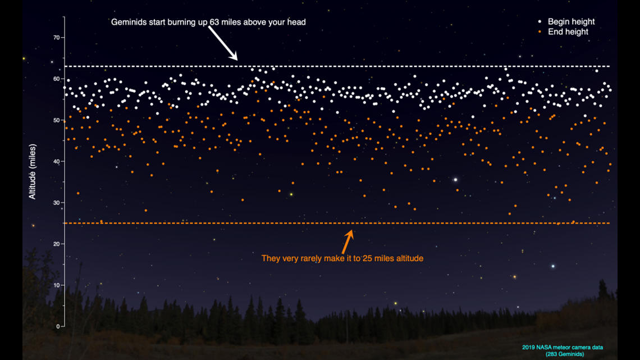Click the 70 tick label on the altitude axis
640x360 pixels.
[56, 38]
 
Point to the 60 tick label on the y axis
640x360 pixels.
[56, 79]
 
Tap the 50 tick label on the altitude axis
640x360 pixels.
[56, 120]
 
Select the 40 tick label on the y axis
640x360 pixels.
[56, 161]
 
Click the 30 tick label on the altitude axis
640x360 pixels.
[56, 202]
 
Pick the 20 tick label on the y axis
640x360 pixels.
[56, 244]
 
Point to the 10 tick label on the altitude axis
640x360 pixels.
[56, 285]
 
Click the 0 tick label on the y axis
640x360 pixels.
[58, 326]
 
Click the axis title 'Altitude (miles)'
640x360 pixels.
[32, 171]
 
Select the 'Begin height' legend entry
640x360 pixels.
[566, 22]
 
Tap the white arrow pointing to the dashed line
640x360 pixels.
[223, 43]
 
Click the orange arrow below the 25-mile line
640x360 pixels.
[348, 241]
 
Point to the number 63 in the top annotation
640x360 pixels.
[214, 22]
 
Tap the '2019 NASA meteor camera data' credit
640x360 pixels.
[563, 347]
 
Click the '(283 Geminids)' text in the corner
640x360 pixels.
[565, 354]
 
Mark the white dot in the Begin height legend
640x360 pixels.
[540, 21]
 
